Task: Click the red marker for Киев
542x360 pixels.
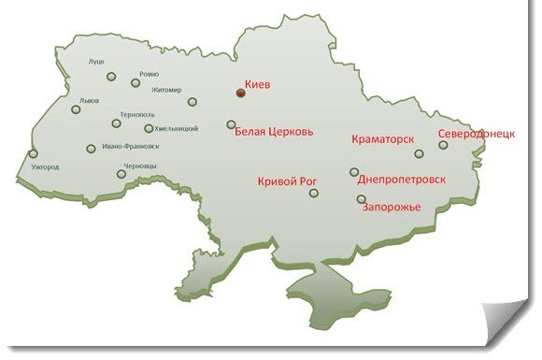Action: pyautogui.click(x=240, y=94)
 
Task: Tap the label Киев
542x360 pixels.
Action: pyautogui.click(x=257, y=84)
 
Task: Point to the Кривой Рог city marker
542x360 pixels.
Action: pyautogui.click(x=314, y=193)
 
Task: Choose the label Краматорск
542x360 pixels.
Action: pyautogui.click(x=382, y=139)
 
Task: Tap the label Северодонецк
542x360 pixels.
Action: pyautogui.click(x=477, y=134)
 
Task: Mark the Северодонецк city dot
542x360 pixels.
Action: pyautogui.click(x=444, y=145)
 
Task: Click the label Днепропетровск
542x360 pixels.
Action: pyautogui.click(x=402, y=179)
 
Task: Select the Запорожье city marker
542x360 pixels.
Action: pyautogui.click(x=361, y=199)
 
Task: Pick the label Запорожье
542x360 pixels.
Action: pyautogui.click(x=392, y=208)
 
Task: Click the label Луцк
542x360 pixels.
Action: pyautogui.click(x=96, y=62)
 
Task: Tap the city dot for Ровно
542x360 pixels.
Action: pyautogui.click(x=135, y=83)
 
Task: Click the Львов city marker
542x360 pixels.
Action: pyautogui.click(x=76, y=109)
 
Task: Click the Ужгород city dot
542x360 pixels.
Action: pyautogui.click(x=34, y=154)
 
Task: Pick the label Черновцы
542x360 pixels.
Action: pyautogui.click(x=143, y=166)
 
